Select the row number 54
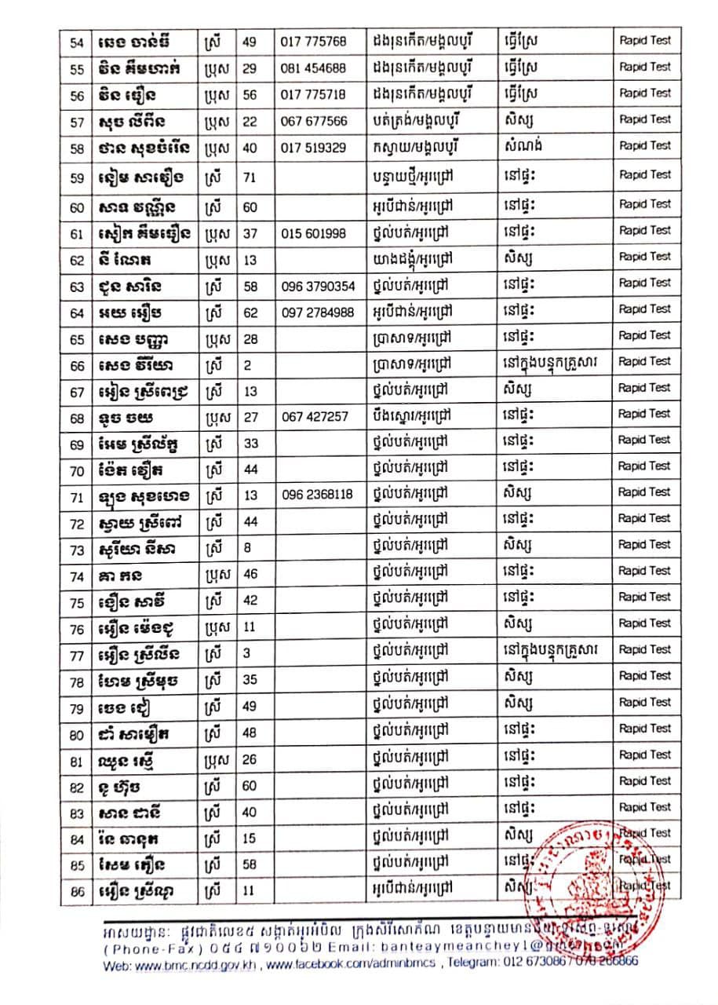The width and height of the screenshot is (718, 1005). click(x=77, y=41)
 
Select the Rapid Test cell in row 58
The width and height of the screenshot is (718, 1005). click(x=645, y=145)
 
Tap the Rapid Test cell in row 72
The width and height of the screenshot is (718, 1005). click(x=645, y=518)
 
